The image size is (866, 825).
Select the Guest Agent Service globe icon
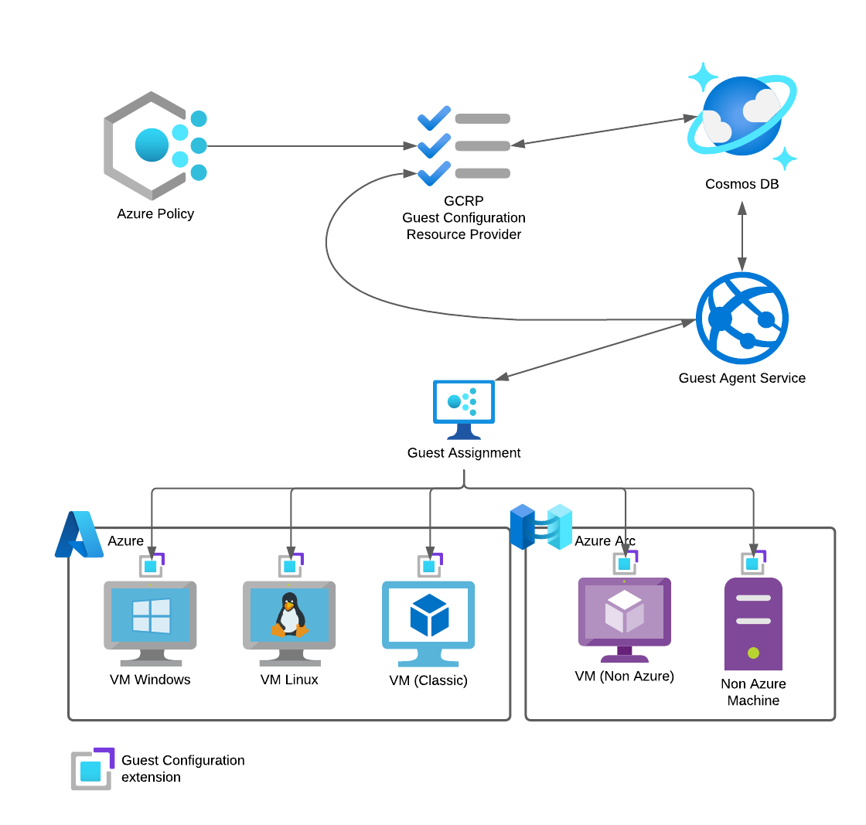[742, 318]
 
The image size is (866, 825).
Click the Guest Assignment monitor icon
[464, 408]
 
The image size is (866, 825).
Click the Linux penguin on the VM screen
[289, 615]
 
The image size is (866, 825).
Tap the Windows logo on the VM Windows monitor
[151, 615]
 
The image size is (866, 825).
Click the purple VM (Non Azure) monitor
[624, 619]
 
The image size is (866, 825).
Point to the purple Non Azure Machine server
[753, 623]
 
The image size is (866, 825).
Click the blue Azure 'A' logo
[79, 534]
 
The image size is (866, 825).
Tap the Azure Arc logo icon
[540, 527]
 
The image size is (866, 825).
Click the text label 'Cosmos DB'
[742, 184]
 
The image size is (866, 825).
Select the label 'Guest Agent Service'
[742, 378]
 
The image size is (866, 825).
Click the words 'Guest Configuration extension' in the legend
[182, 769]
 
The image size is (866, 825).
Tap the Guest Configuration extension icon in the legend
[92, 769]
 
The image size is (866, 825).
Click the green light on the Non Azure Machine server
[753, 653]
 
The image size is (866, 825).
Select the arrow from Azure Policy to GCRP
[309, 146]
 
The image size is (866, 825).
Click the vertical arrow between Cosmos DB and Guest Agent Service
[742, 236]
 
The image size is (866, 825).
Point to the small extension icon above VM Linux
[290, 565]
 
